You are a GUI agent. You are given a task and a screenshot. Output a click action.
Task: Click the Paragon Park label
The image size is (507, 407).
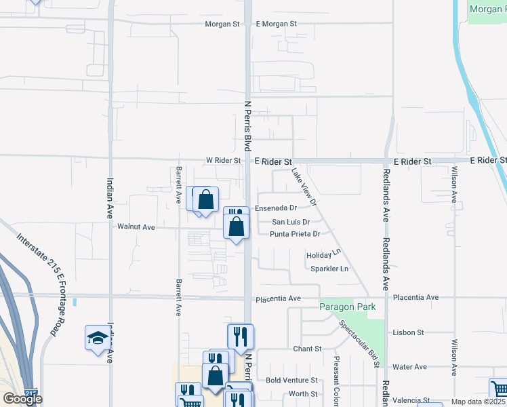pos(348,307)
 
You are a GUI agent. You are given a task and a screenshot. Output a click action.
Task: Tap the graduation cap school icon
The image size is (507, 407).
pos(98,338)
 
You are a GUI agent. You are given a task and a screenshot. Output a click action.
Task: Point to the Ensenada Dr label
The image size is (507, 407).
pos(276,208)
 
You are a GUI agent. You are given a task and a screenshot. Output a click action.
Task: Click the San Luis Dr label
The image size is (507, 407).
pos(291,222)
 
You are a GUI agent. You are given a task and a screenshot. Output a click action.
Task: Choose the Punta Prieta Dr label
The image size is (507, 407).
pos(294,234)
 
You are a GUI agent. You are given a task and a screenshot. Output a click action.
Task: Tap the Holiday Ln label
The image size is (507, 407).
pos(323,255)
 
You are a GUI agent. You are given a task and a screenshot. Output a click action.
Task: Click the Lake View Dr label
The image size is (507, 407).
pos(304,187)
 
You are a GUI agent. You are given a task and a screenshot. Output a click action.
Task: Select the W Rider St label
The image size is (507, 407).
pos(224,161)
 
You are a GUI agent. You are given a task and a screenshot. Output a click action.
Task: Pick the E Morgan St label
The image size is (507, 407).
pos(277,24)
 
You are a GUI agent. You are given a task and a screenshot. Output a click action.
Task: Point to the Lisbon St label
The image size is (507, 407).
pos(408,332)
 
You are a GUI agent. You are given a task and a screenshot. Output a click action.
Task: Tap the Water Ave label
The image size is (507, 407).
pos(409,367)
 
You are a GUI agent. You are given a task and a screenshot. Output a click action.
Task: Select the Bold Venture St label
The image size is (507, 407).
pos(291,381)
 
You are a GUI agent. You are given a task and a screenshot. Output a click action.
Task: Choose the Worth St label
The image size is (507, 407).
pos(303,393)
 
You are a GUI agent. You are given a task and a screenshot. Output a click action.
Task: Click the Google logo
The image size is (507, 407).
pos(22,399)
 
